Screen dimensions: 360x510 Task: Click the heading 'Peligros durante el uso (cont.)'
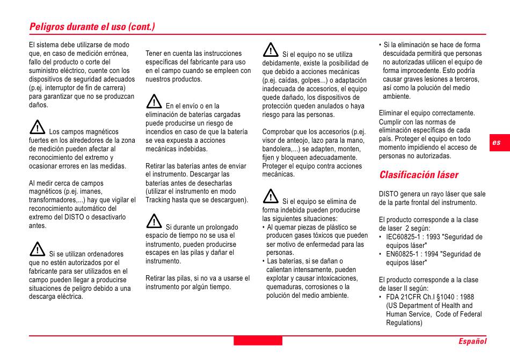click(92, 26)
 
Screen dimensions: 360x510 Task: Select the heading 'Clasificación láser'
click(419, 175)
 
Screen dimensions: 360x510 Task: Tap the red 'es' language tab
click(497, 142)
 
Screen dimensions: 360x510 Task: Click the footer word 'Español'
click(472, 341)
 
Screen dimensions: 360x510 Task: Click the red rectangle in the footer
click(258, 341)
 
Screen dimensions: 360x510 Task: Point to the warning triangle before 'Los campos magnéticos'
click(37, 127)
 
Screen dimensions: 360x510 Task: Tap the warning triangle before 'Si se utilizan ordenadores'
click(37, 249)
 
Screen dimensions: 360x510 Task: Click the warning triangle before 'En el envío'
click(154, 101)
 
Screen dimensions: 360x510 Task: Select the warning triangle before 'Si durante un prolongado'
click(154, 222)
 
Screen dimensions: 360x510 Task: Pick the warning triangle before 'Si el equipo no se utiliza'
click(271, 50)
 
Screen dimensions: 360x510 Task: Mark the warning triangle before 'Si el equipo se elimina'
click(271, 196)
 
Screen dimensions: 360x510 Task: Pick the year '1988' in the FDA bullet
click(467, 297)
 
